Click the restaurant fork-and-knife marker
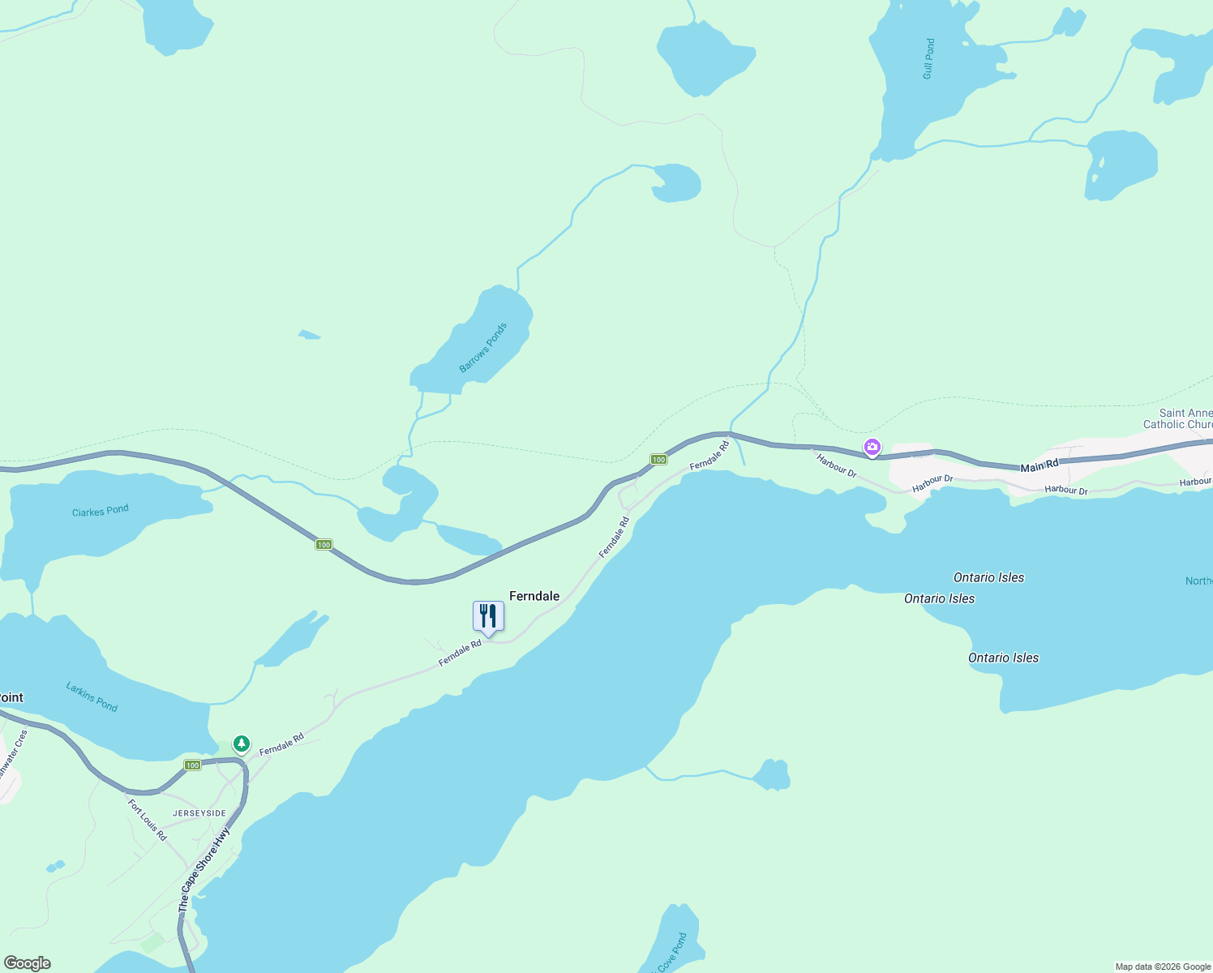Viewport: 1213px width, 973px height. pos(488,617)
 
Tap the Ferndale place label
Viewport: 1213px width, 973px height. pos(534,596)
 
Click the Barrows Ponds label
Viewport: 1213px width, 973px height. pos(483,348)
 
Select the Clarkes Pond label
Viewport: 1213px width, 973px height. pos(101,511)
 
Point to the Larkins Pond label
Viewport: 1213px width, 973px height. pos(92,697)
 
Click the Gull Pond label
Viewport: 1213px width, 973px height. pos(929,58)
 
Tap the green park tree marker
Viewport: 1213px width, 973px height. pos(241,744)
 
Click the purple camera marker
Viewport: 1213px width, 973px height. pos(872,447)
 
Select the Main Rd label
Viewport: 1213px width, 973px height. pos(1039,466)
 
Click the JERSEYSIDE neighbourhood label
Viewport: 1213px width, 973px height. pos(199,813)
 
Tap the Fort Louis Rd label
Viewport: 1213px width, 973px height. pos(148,820)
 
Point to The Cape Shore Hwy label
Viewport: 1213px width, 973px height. pos(204,870)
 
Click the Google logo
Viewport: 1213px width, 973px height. pos(28,963)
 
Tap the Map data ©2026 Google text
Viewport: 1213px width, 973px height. pos(1163,967)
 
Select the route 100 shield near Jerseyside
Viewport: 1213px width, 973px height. pos(192,765)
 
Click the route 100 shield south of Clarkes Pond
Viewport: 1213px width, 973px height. pos(324,545)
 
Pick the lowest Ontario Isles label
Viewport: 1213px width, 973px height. pos(1003,658)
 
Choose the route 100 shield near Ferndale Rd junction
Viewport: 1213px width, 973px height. pos(658,460)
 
